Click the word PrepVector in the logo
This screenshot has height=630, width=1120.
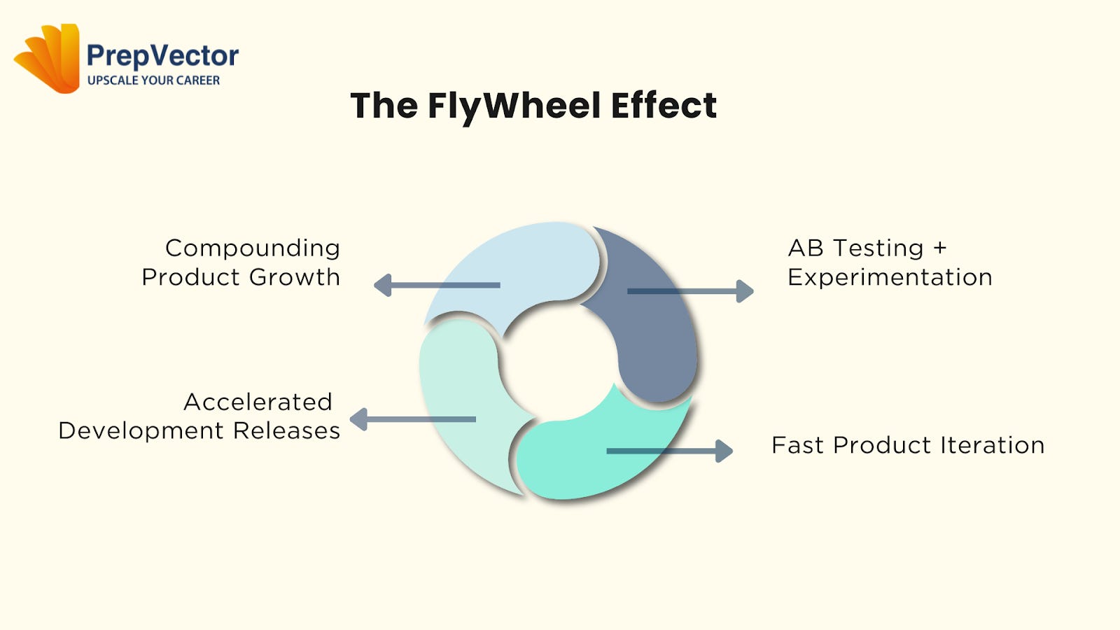pos(162,56)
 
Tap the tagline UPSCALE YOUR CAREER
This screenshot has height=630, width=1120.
pos(153,80)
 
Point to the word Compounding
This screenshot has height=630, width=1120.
pos(253,248)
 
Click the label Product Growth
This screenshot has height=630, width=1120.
pos(241,277)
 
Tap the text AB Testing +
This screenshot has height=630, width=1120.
pos(867,248)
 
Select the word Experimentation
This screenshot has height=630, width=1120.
pos(890,277)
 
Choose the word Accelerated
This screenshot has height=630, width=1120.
pos(258,402)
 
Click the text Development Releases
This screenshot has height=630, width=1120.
pos(199,430)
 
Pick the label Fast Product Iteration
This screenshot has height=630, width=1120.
pos(908,445)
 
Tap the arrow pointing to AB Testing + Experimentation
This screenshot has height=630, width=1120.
pos(690,290)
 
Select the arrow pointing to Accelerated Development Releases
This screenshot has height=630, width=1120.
pos(412,419)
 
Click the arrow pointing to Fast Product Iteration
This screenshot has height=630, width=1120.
pos(669,451)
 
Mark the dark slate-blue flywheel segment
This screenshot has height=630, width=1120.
pos(654,329)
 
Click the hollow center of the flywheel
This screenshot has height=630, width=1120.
pos(560,360)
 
